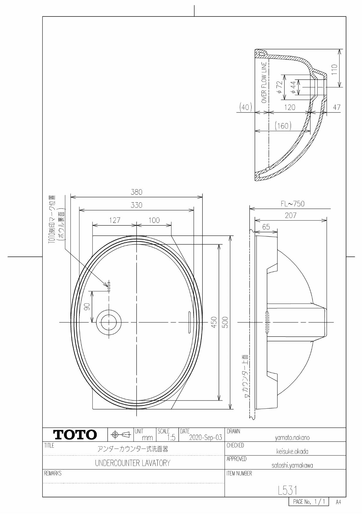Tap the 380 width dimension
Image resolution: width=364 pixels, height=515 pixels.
tap(136, 192)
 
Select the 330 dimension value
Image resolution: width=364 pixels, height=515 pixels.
tap(136, 205)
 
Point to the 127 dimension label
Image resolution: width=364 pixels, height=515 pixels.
tap(114, 220)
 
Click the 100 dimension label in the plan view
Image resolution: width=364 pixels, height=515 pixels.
tap(154, 220)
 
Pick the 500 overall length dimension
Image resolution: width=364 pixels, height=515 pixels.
tap(225, 322)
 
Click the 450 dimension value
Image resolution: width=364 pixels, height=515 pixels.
tap(214, 322)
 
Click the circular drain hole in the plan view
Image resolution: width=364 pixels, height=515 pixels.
tap(109, 322)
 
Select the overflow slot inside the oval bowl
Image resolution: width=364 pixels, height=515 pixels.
tap(189, 322)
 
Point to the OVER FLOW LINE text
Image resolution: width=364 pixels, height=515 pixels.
tap(264, 82)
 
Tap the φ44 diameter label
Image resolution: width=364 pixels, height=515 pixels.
tap(293, 87)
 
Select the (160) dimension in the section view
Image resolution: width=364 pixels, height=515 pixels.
tap(283, 126)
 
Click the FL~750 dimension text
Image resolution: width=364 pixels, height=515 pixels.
tap(292, 204)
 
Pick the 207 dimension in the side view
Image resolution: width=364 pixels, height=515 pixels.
tap(290, 216)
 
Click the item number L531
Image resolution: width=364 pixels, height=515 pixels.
tap(288, 490)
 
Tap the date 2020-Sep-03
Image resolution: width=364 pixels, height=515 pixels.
tap(205, 438)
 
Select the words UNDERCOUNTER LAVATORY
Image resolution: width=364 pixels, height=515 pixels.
tap(132, 463)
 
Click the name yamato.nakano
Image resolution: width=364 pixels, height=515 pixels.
tap(292, 438)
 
